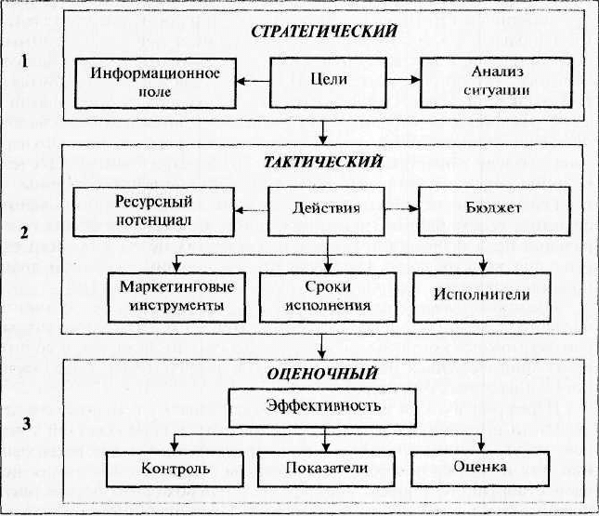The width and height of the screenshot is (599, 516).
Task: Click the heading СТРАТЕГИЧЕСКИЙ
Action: (x=324, y=32)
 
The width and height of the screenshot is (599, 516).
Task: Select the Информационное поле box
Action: (x=155, y=84)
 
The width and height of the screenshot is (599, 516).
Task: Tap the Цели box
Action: (x=328, y=83)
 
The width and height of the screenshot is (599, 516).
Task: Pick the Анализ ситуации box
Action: (x=496, y=83)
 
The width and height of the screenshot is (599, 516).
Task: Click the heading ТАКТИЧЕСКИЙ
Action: (x=323, y=162)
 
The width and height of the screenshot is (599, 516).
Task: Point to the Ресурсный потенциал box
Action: (x=153, y=212)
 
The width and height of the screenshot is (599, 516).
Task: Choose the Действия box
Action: (x=327, y=212)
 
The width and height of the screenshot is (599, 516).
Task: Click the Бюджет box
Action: (x=494, y=211)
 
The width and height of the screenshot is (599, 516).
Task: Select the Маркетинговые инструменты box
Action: (x=176, y=298)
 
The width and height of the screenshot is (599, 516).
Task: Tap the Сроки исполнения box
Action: (x=328, y=297)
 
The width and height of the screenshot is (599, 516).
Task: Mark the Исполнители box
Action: (x=482, y=297)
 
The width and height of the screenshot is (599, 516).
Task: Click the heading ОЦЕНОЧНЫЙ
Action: (x=323, y=374)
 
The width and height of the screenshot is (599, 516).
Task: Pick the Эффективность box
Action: (x=322, y=408)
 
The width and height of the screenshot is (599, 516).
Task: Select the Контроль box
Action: (x=175, y=469)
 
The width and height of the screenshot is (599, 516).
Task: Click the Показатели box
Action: (x=326, y=469)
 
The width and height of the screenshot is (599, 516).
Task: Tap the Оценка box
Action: (x=480, y=469)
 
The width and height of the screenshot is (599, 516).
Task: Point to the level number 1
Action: (x=24, y=61)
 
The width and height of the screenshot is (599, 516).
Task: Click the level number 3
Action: (x=26, y=424)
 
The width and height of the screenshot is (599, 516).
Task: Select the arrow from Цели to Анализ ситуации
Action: (x=403, y=80)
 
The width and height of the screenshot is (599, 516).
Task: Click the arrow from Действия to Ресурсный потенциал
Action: (x=252, y=210)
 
